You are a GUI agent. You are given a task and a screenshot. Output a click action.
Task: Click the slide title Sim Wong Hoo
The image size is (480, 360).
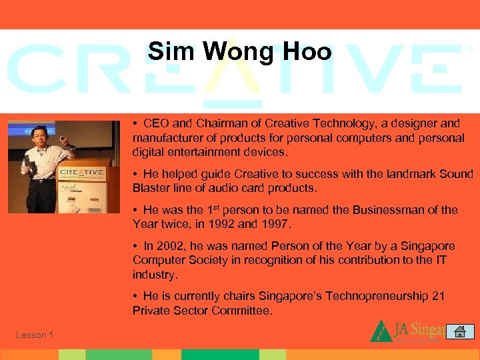click(x=240, y=52)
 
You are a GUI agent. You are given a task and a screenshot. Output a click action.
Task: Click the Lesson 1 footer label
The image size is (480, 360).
click(x=35, y=335)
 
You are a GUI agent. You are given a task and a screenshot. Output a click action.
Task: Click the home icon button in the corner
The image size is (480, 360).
click(x=460, y=331)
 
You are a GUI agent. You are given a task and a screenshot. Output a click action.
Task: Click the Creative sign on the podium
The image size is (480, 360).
click(x=81, y=173)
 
